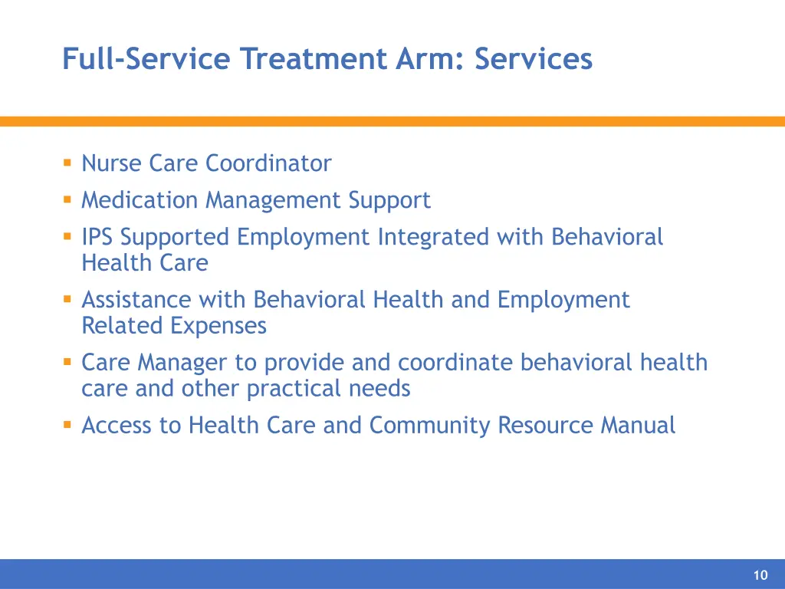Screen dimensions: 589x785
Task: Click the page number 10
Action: [760, 576]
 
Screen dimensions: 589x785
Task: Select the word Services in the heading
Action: [534, 59]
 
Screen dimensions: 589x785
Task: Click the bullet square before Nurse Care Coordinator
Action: [67, 163]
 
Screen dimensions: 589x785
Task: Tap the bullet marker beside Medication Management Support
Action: [67, 199]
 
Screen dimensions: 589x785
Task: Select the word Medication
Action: [140, 200]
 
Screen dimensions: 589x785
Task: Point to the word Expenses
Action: [218, 325]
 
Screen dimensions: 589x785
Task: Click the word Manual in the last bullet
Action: [638, 425]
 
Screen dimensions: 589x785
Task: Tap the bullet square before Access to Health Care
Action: [67, 424]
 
